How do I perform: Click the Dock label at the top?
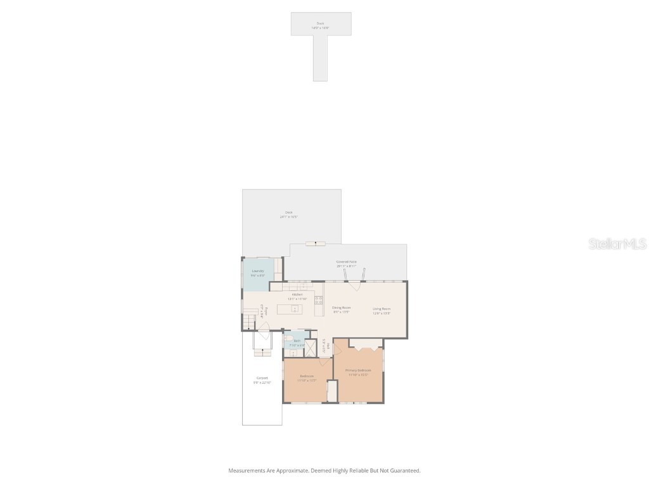(x=320, y=23)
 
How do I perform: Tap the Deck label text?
(x=289, y=212)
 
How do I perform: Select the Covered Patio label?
(x=346, y=261)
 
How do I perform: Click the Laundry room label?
(x=257, y=271)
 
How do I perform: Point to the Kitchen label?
(x=297, y=294)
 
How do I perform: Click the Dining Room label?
(x=342, y=307)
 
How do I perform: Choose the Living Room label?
(x=382, y=308)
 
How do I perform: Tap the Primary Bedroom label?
(x=358, y=370)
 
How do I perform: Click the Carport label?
(x=262, y=378)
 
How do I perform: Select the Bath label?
(x=297, y=341)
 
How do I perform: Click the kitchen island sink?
(x=295, y=309)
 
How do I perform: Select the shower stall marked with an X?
(x=311, y=349)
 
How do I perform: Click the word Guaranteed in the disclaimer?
(x=406, y=471)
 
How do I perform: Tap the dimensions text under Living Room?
(x=382, y=313)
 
